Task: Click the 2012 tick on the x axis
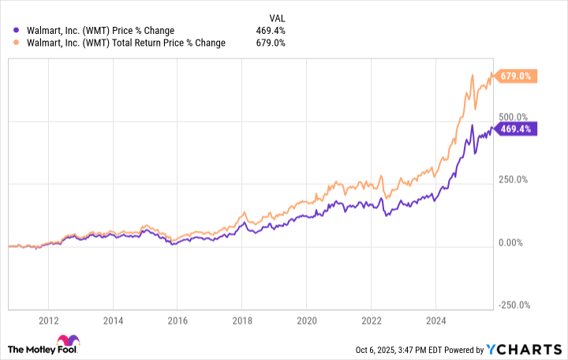tap(48, 321)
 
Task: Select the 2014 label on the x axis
tap(113, 321)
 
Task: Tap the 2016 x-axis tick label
tap(177, 321)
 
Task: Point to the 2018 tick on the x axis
tap(242, 321)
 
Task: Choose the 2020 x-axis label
tap(307, 321)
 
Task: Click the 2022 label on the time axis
tap(372, 321)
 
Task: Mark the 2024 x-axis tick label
tap(436, 321)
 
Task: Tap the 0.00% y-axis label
tap(512, 242)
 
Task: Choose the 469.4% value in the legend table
tap(271, 31)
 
